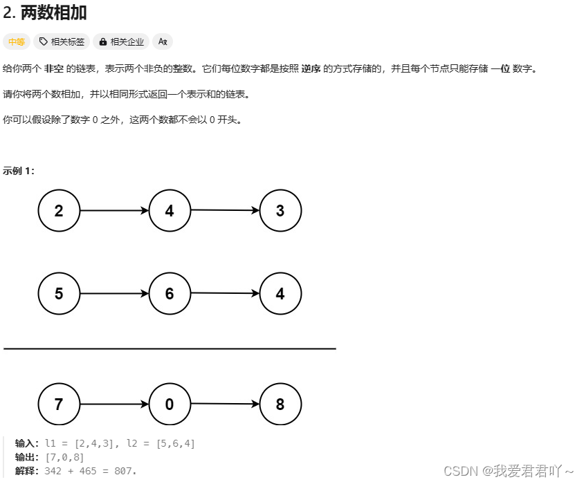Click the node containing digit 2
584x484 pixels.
point(59,211)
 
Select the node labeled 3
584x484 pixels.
point(280,211)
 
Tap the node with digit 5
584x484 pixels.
point(59,294)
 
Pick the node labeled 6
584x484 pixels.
point(170,294)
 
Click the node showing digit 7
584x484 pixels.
point(59,404)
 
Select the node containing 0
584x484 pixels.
point(170,404)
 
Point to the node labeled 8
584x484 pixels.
point(280,404)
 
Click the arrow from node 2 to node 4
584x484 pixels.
point(114,211)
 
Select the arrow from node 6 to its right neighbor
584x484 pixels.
point(225,293)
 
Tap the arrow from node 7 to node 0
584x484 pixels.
point(114,404)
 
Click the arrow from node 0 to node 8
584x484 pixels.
point(225,404)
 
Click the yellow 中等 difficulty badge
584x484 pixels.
point(17,41)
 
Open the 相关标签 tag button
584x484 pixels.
point(62,41)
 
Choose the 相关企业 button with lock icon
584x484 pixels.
point(122,41)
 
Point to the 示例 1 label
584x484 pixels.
point(19,171)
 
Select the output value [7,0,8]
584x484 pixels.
point(64,457)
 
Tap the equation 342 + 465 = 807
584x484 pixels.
point(91,471)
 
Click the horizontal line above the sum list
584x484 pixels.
point(170,349)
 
